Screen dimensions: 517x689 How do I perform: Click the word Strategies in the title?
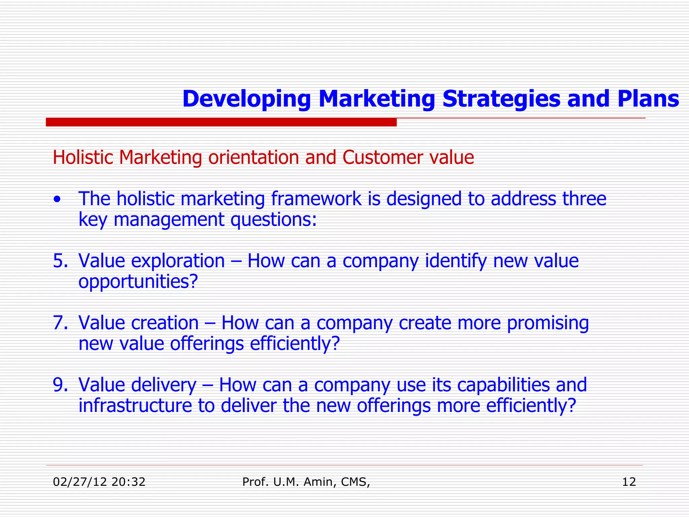point(502,99)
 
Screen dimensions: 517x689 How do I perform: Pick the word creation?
point(165,323)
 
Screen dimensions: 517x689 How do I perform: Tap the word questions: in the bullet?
point(274,220)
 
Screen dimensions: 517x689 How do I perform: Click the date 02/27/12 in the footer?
point(80,482)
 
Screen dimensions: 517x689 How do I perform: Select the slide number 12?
point(629,482)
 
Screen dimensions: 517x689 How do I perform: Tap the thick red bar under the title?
point(221,122)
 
